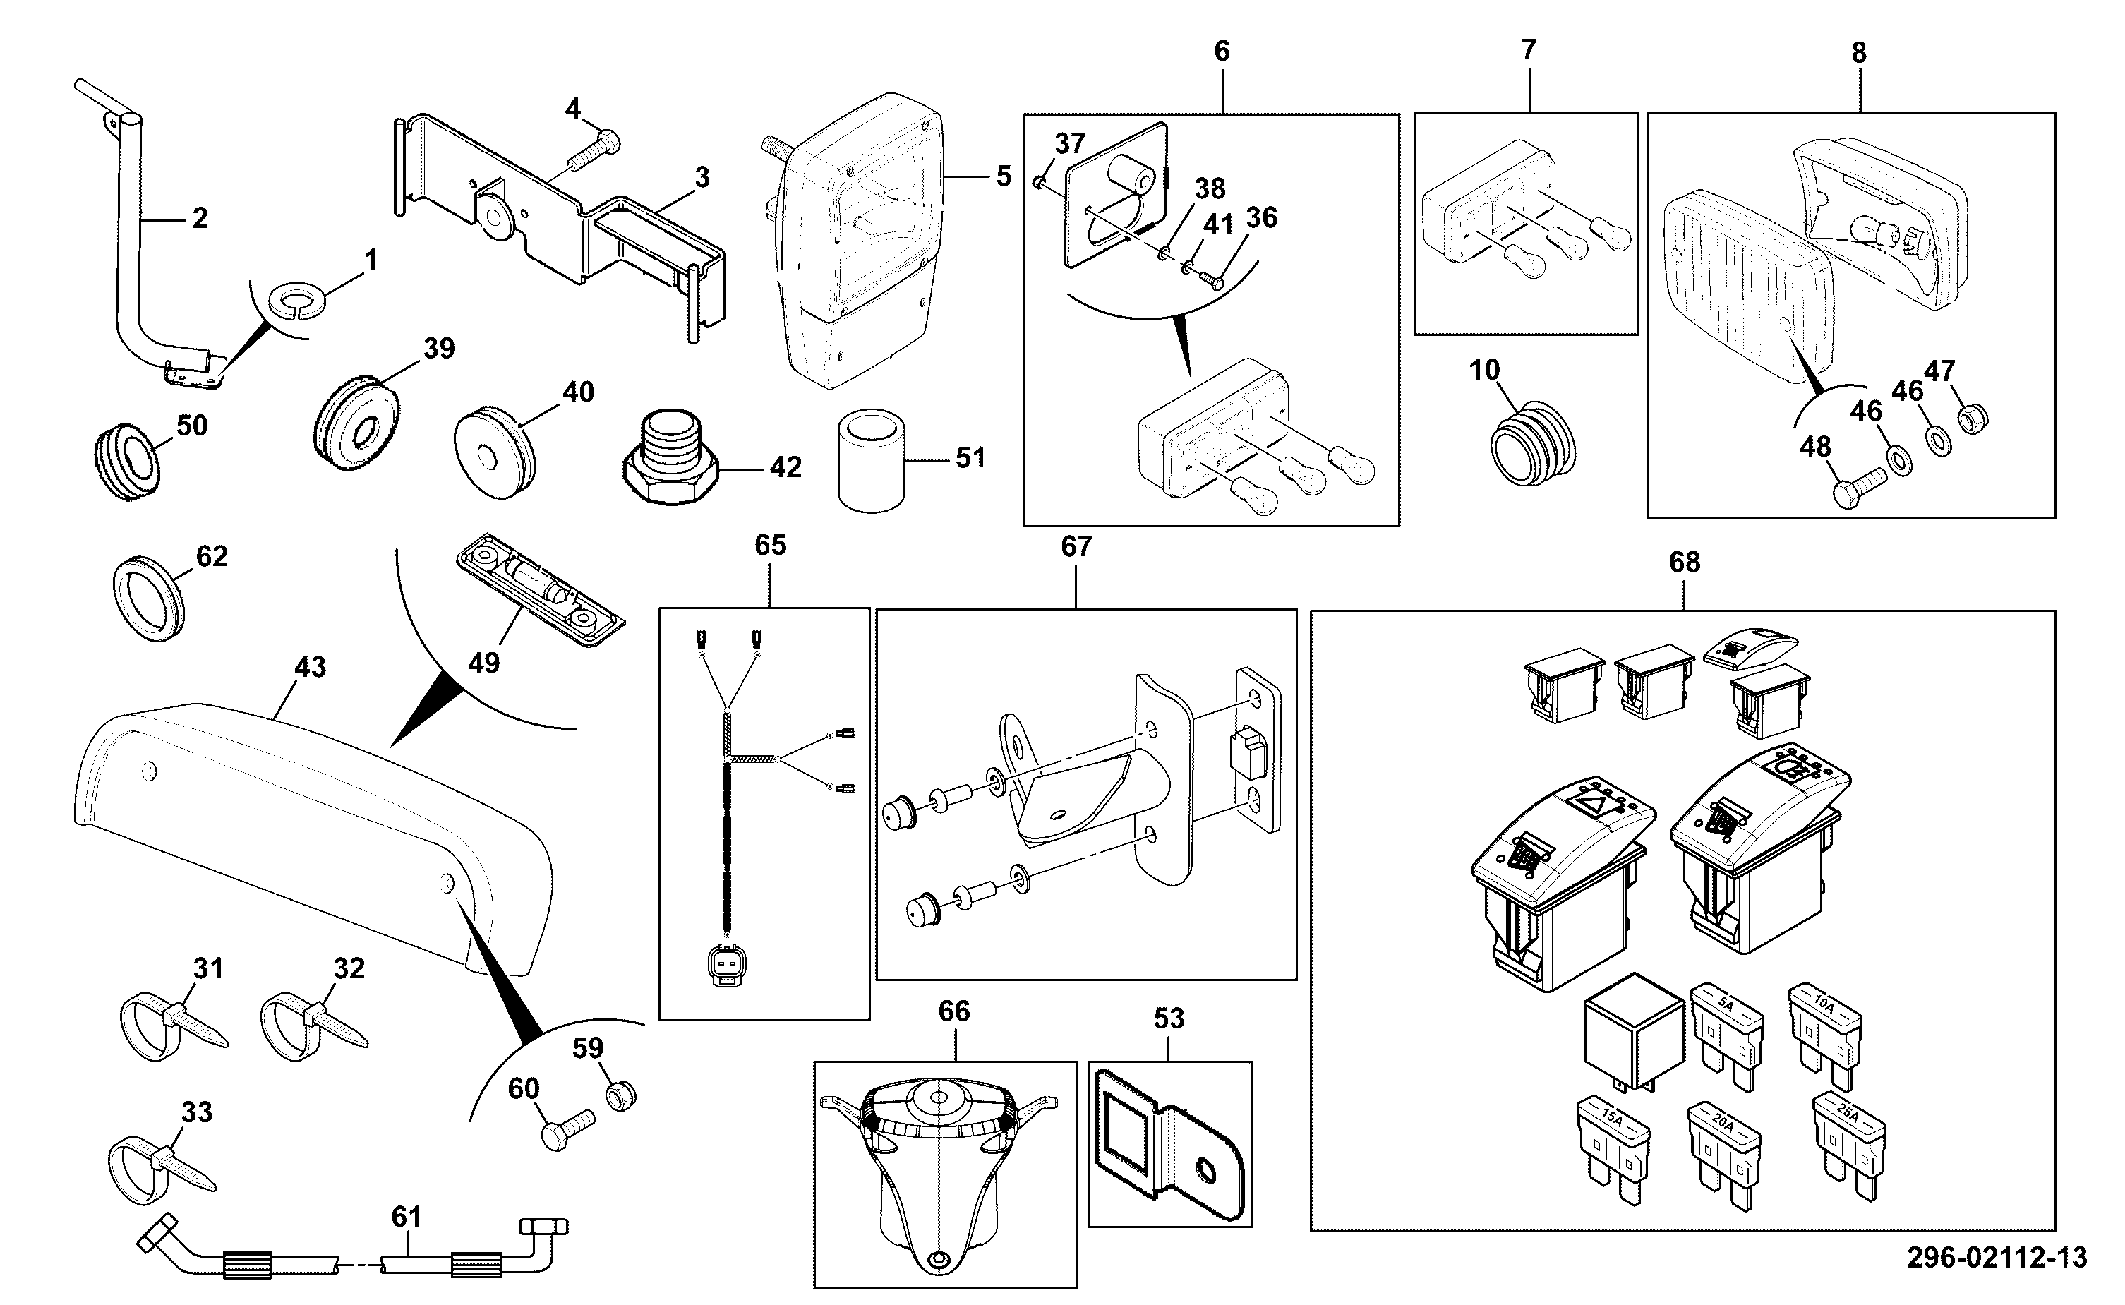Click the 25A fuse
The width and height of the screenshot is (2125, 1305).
[1848, 1146]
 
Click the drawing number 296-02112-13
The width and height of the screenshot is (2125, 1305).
[1997, 1257]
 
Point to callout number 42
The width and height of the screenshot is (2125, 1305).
[785, 467]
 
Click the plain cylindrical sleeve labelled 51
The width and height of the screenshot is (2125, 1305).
[872, 460]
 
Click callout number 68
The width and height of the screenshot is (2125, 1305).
[1684, 563]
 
